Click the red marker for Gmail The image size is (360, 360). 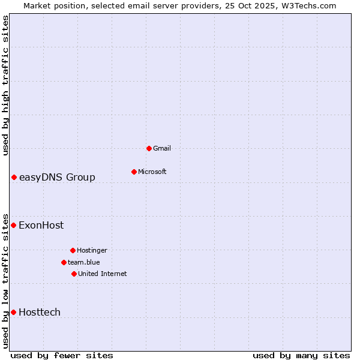coord(149,148)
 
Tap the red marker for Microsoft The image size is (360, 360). coord(134,172)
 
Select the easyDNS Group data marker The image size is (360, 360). coord(14,177)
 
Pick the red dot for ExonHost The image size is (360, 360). coord(13,225)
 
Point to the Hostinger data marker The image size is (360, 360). coord(73,250)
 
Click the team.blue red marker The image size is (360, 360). coord(64,262)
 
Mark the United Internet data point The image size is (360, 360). coord(74,274)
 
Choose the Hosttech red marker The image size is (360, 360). coord(13,312)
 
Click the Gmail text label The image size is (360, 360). coord(162,148)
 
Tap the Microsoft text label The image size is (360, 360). coord(152,172)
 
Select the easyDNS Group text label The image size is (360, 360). coord(57,177)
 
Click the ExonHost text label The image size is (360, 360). coord(41,226)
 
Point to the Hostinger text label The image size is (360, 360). coord(92,250)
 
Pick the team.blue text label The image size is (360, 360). coord(84,262)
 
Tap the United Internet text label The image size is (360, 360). coord(103,274)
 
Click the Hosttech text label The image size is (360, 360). coord(40,312)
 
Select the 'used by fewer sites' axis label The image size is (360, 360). coord(62,355)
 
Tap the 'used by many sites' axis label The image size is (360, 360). coord(301,355)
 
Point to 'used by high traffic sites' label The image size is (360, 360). coord(5,85)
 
